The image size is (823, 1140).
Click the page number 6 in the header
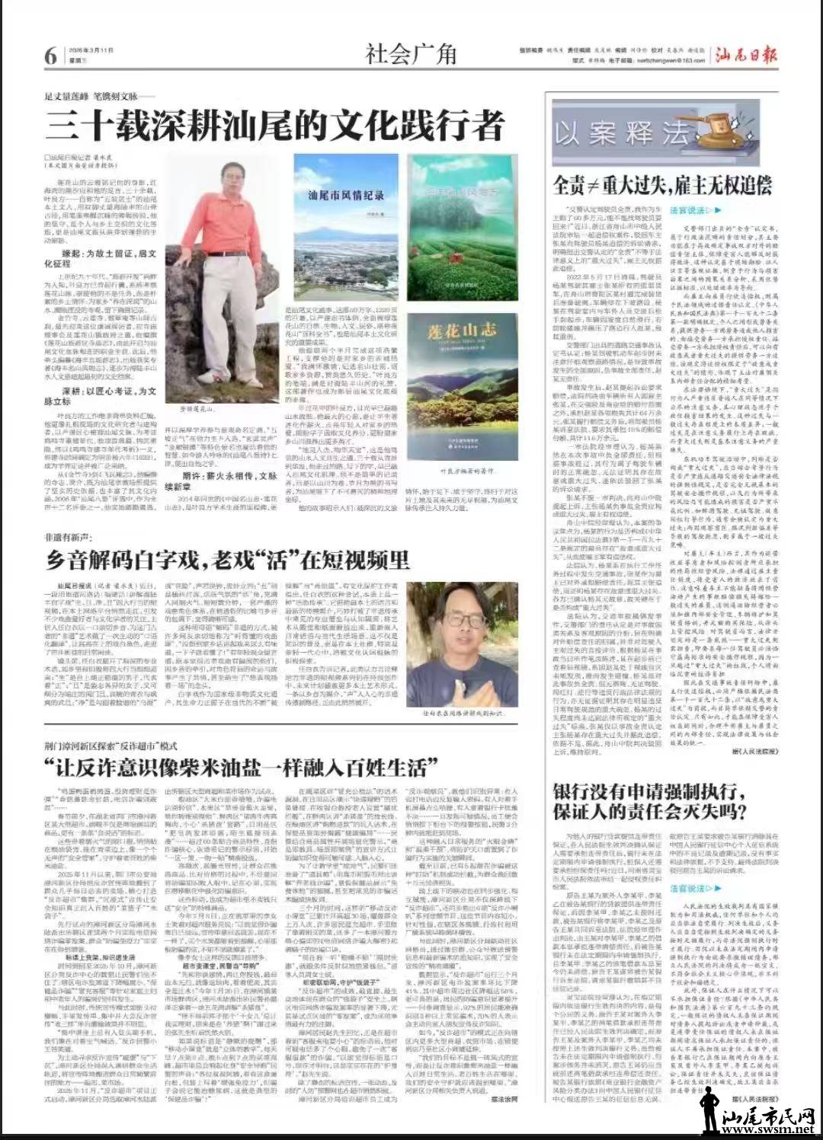tap(50, 56)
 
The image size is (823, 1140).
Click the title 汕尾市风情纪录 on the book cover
tap(346, 196)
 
